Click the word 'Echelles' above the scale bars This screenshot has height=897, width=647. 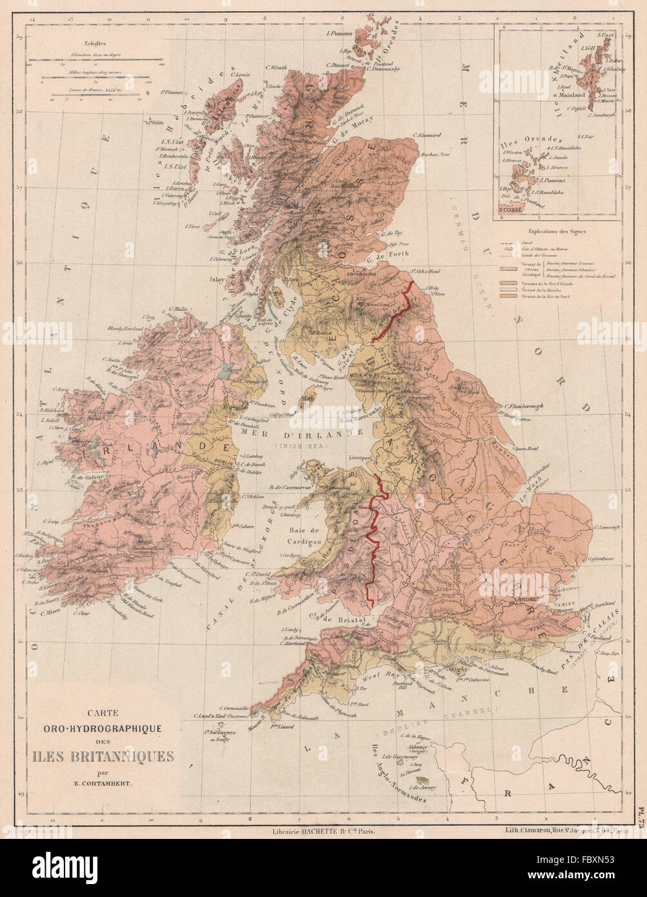[41, 56]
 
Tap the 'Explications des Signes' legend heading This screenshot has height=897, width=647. [555, 230]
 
